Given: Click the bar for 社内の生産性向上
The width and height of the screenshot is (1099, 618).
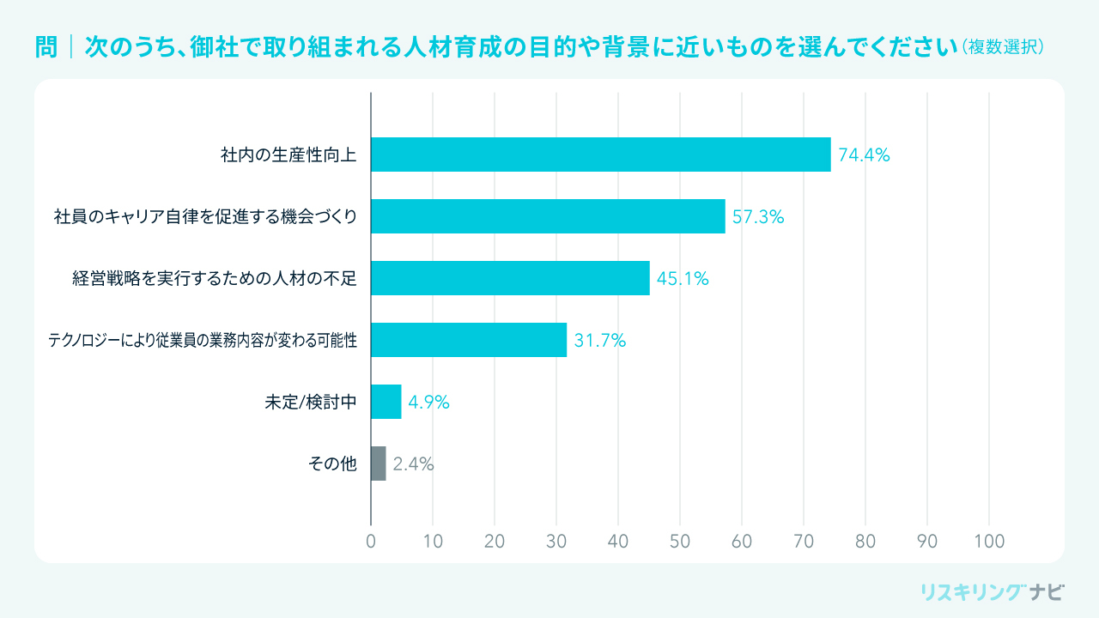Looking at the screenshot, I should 601,154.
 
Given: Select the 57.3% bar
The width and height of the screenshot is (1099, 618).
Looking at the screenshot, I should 548,216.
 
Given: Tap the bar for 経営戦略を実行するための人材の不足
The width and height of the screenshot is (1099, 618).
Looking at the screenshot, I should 510,278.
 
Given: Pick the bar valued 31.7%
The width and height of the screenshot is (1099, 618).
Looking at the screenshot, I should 469,340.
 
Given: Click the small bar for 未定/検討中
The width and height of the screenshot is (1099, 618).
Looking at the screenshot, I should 386,402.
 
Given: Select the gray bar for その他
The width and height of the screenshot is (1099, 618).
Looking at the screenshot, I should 379,463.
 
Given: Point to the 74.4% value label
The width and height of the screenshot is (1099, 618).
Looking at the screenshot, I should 864,155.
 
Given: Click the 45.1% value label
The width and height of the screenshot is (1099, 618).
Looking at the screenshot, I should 683,279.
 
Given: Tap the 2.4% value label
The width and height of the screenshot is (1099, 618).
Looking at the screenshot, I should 413,464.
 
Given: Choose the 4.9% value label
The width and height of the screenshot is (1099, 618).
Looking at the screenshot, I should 428,403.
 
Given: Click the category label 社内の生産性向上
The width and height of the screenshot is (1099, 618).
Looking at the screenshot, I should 288,155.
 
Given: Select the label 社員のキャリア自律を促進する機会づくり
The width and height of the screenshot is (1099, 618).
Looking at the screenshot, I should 205,217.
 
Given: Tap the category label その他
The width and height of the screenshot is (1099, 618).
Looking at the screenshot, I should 332,464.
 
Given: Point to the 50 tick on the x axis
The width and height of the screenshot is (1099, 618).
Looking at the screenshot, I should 680,542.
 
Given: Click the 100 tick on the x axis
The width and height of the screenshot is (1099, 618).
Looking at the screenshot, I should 989,542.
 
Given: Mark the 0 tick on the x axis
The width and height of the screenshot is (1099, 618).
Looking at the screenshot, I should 371,542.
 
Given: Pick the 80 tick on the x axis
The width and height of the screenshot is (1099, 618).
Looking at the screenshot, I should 865,542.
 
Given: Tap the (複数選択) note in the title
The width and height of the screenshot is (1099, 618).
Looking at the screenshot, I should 1003,46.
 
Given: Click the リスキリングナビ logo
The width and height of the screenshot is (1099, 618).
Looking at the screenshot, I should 992,591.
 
